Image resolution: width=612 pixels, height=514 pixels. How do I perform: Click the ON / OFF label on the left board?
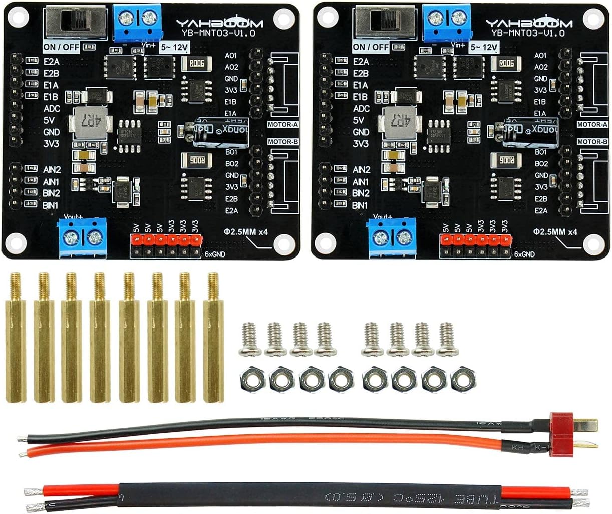tap(62, 47)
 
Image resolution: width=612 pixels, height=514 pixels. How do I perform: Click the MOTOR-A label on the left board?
tap(282, 124)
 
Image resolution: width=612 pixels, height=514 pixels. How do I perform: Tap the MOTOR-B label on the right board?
tap(592, 142)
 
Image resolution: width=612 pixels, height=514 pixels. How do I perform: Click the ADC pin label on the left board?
tap(53, 108)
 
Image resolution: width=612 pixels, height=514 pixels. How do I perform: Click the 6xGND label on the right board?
tap(524, 254)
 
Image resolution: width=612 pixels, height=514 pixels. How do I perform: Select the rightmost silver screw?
tap(446, 339)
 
